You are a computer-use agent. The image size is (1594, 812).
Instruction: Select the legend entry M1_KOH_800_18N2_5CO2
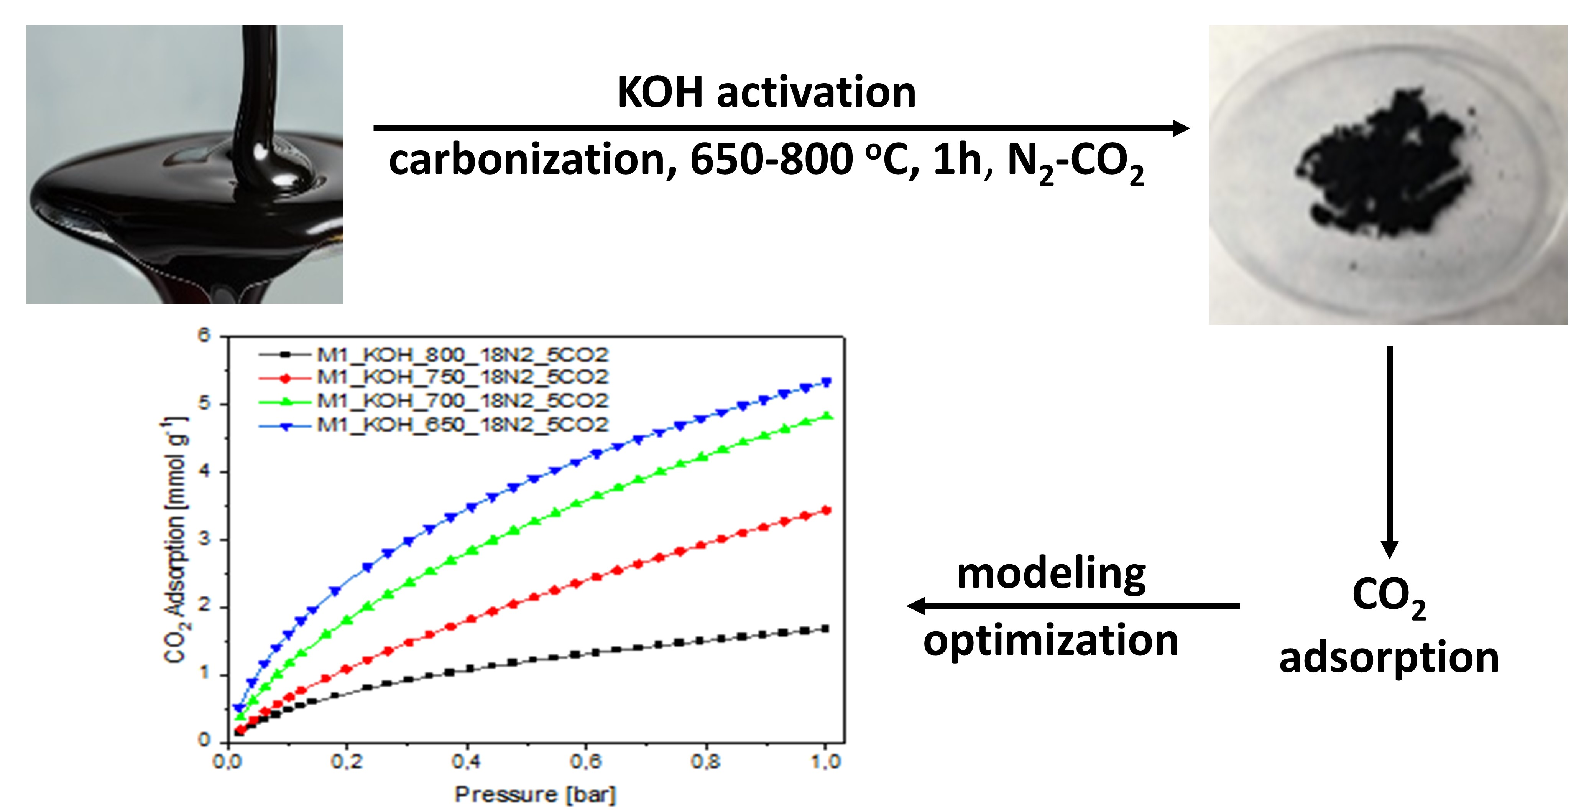tap(462, 355)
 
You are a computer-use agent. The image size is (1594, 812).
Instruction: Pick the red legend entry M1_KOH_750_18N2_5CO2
tap(462, 377)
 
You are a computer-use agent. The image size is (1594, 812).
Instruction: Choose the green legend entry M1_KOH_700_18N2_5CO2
tap(462, 401)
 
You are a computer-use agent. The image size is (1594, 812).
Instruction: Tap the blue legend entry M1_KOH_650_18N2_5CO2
tap(462, 425)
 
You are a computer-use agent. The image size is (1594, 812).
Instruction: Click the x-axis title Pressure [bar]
tap(535, 794)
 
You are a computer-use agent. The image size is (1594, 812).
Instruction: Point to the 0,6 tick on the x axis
tap(585, 761)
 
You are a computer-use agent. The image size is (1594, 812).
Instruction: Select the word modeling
tap(1051, 574)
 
